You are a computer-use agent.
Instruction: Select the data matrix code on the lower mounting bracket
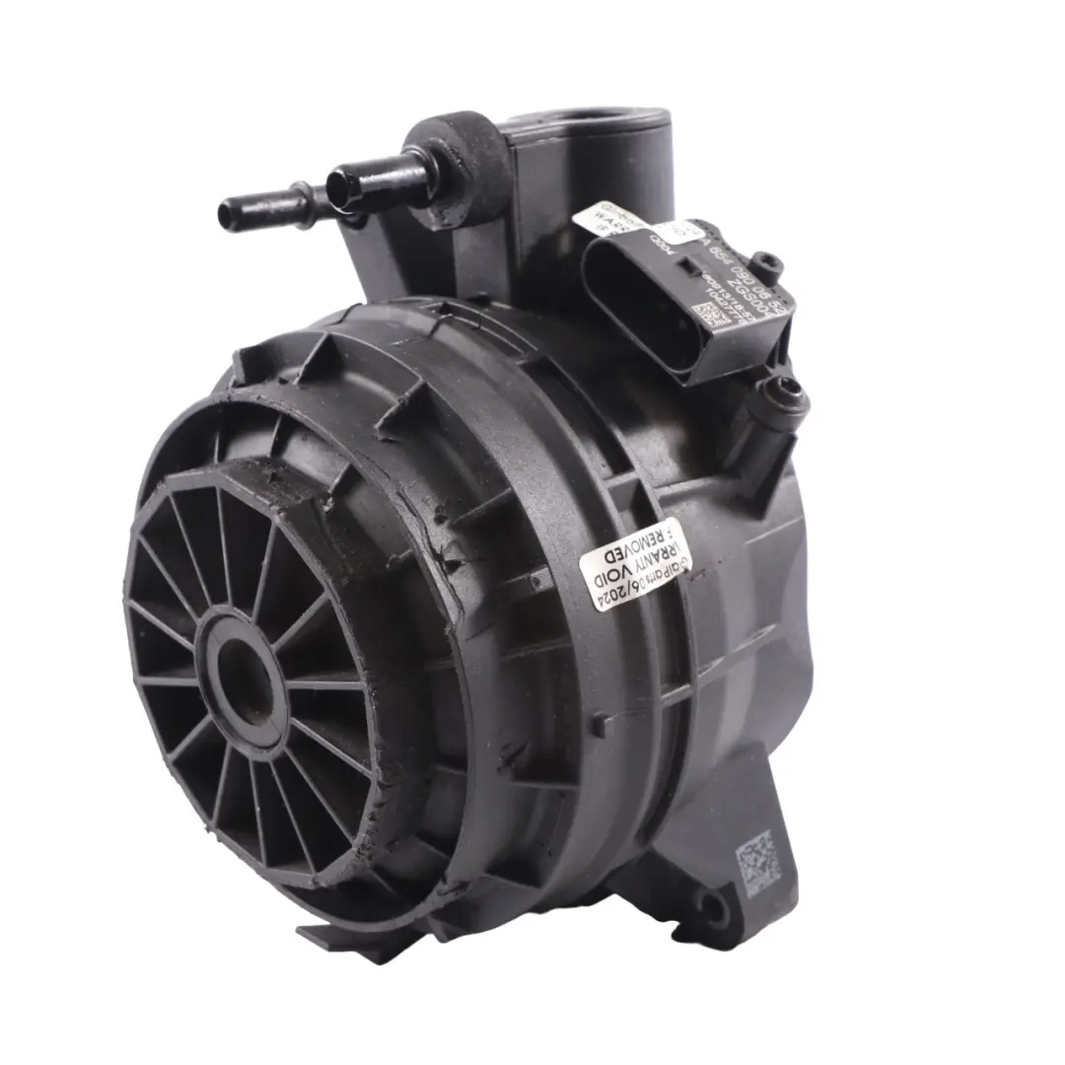(757, 860)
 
